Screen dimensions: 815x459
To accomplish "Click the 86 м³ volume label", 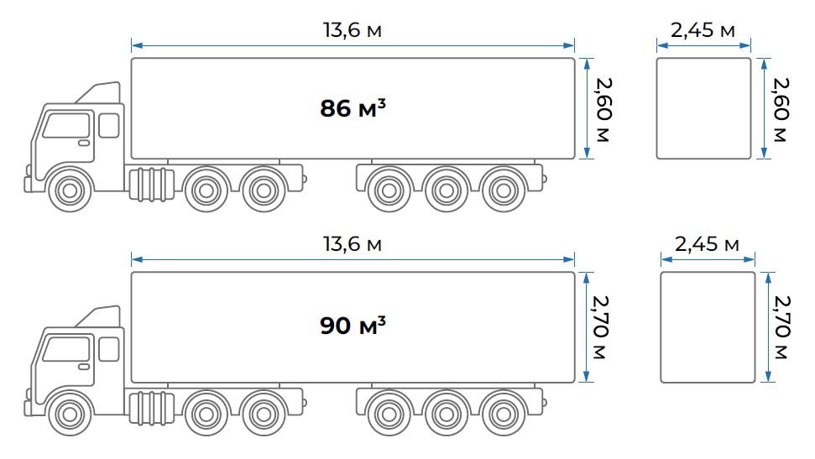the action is pos(353,108).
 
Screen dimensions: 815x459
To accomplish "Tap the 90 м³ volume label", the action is pos(353,326).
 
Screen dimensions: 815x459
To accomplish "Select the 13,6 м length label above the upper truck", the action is pos(353,29).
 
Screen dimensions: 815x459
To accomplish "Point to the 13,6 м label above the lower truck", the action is pos(353,243).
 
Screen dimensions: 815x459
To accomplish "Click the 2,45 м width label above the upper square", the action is pos(703,29).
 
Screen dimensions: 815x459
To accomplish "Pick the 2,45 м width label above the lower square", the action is pos(707,243).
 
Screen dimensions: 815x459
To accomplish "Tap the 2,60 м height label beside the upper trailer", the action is pos(603,110).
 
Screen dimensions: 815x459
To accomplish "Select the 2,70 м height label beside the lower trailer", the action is pos(600,327).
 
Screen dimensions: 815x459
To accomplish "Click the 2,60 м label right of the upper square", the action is pos(781,110).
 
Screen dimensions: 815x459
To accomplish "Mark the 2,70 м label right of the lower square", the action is pos(781,327).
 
